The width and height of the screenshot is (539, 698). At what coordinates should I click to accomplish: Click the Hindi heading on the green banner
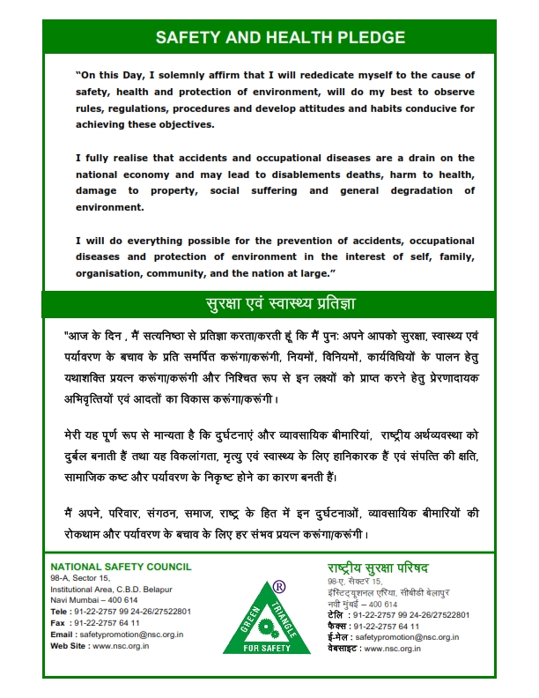coord(279,304)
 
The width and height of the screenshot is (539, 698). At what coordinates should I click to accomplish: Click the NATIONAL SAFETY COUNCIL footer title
coord(121,566)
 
